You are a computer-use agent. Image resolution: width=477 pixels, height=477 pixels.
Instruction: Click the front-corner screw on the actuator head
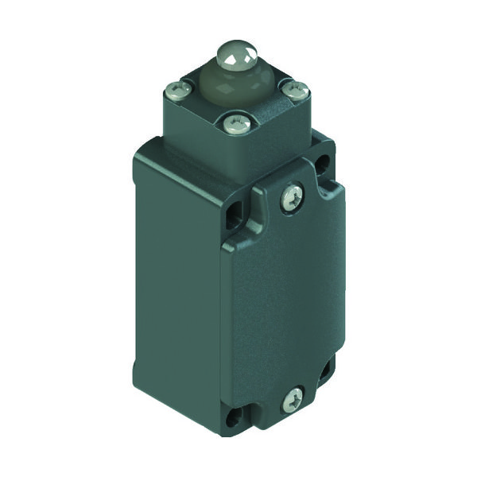[232, 122]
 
